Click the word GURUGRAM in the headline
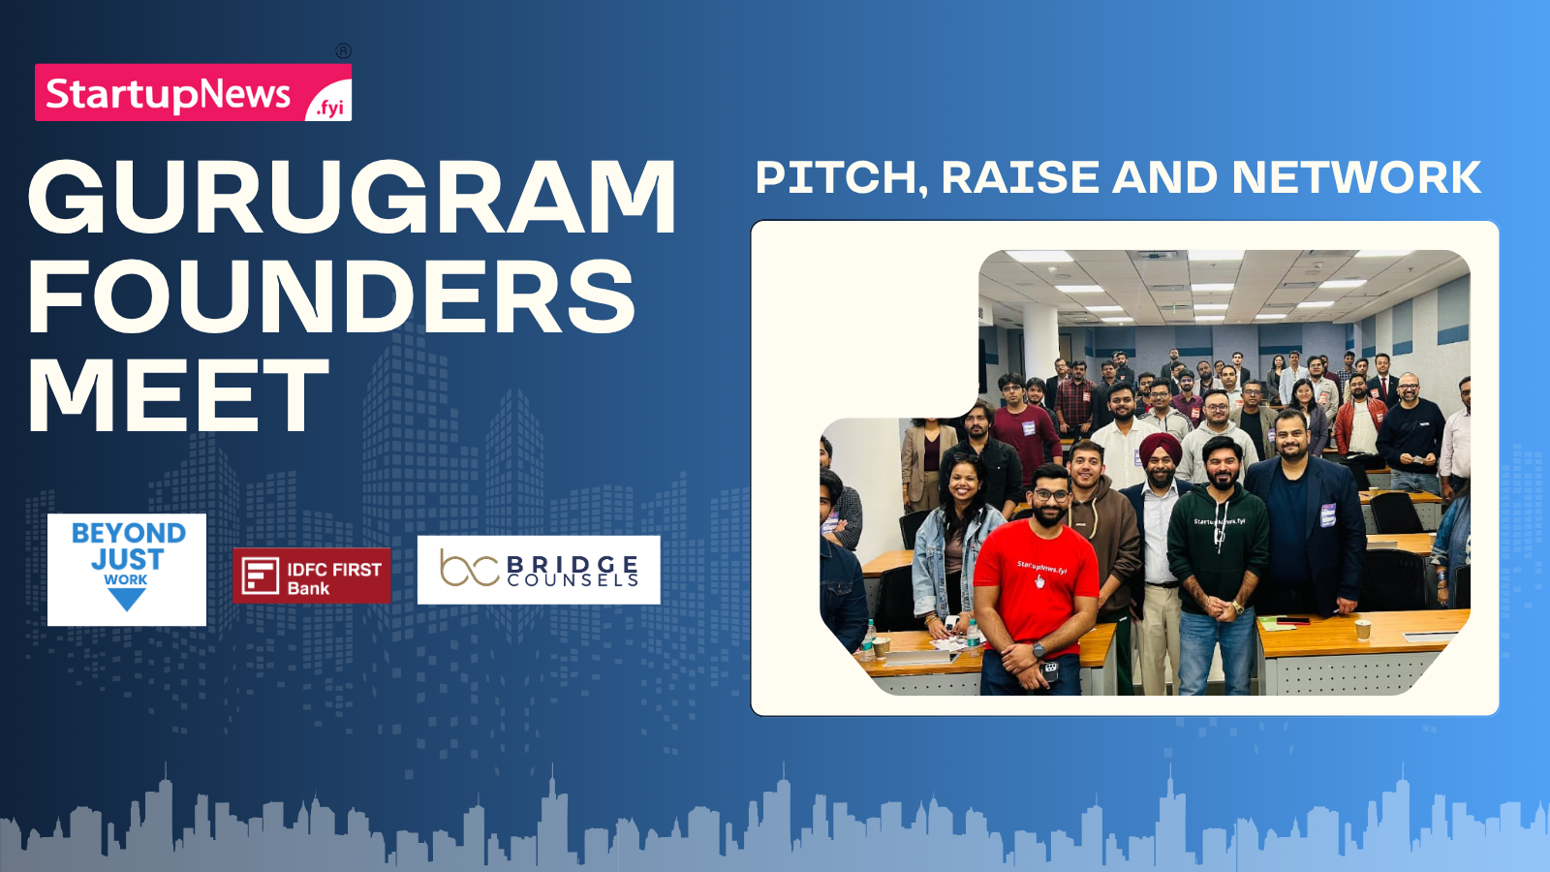point(352,198)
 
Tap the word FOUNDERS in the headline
point(331,296)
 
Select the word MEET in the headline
point(178,394)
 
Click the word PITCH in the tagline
point(842,178)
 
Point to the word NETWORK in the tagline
point(1356,177)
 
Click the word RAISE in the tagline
point(1020,177)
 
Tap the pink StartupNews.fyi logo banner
point(193,92)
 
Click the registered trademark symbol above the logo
point(343,50)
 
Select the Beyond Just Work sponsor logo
point(127,570)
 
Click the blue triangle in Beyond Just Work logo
point(127,598)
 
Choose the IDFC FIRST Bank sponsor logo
point(311,576)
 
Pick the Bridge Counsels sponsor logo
point(539,570)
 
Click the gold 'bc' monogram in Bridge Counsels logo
point(469,570)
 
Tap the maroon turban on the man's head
point(1161,447)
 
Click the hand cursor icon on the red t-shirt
point(1039,581)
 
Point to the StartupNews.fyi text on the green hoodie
point(1220,520)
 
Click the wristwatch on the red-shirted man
point(1038,650)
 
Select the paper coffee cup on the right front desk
point(1362,630)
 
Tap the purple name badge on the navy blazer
point(1327,514)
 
